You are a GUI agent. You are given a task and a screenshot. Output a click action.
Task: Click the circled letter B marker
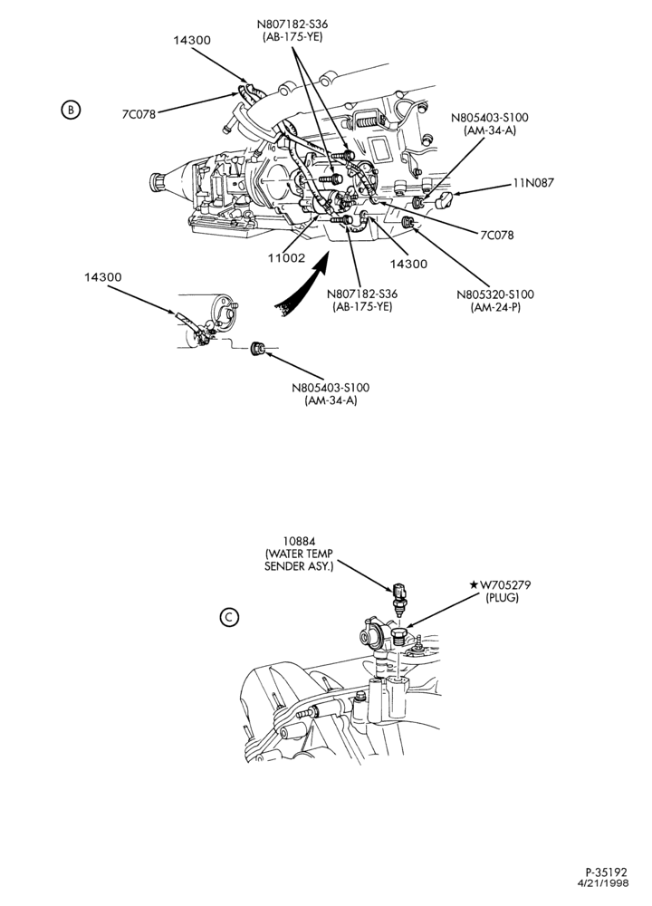click(70, 110)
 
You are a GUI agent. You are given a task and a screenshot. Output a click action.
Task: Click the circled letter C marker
click(229, 617)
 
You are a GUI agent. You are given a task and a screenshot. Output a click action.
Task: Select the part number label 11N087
click(533, 183)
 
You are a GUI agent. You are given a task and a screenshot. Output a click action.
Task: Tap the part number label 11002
click(286, 257)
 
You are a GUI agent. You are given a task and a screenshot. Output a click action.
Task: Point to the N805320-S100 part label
click(495, 301)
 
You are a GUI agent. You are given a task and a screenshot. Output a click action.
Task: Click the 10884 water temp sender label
click(299, 554)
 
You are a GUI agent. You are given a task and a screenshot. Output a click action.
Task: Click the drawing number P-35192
click(607, 872)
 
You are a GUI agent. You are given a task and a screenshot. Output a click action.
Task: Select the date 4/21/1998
click(603, 882)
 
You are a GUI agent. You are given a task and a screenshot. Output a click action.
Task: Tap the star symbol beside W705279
click(475, 585)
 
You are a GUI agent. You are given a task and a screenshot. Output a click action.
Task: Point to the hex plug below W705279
click(398, 637)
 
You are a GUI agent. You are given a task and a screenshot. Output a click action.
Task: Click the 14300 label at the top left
click(192, 41)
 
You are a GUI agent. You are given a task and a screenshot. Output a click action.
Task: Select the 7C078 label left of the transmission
click(139, 114)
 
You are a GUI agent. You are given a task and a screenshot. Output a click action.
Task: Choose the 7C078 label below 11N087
click(496, 236)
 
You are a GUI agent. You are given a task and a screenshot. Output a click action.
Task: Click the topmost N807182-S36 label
click(292, 30)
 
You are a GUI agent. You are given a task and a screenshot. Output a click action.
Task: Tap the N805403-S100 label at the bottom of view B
click(331, 393)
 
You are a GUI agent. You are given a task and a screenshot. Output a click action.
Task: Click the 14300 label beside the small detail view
click(103, 277)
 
